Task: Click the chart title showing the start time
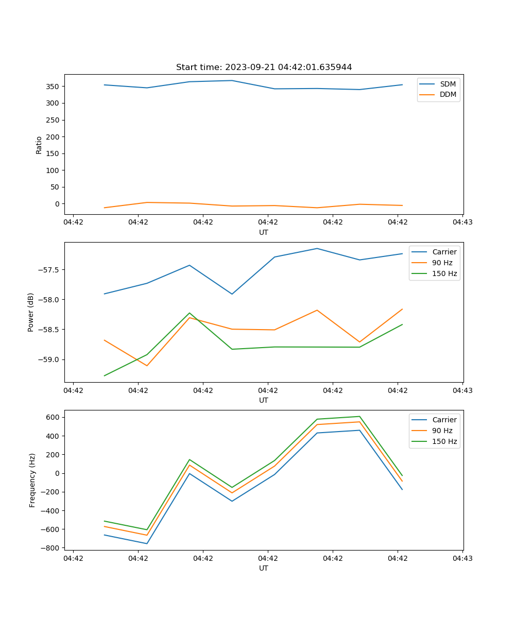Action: [x=264, y=67]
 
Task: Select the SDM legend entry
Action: [x=448, y=84]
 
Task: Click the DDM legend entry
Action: [x=448, y=94]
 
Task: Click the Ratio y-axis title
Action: [x=39, y=145]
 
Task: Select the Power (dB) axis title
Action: [x=31, y=312]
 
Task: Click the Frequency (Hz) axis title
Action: [x=32, y=480]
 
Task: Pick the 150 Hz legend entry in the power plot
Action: [x=444, y=273]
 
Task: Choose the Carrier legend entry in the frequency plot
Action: [x=444, y=420]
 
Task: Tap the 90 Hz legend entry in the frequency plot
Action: [x=442, y=431]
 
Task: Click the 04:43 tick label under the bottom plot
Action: [x=462, y=558]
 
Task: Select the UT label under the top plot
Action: [x=264, y=232]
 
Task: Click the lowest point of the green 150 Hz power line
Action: [x=105, y=375]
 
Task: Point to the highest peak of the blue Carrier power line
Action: [x=317, y=248]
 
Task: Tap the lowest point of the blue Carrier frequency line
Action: [x=147, y=543]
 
